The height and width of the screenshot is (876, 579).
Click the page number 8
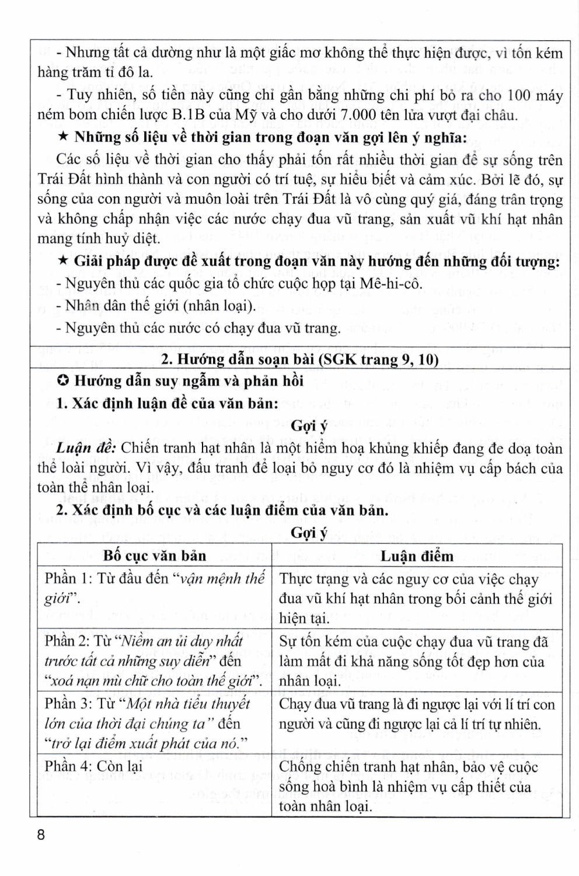click(40, 835)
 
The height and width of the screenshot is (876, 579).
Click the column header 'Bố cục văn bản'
click(155, 555)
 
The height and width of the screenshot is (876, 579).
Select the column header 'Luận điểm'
click(417, 556)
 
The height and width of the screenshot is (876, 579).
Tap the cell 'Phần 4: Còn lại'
click(94, 766)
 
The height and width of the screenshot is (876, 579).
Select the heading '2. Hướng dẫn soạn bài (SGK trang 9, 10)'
click(299, 359)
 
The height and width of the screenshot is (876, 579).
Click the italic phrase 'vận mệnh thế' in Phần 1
click(222, 579)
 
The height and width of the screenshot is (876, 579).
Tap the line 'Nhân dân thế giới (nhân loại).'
click(161, 305)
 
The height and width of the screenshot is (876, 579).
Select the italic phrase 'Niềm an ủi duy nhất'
click(181, 641)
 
